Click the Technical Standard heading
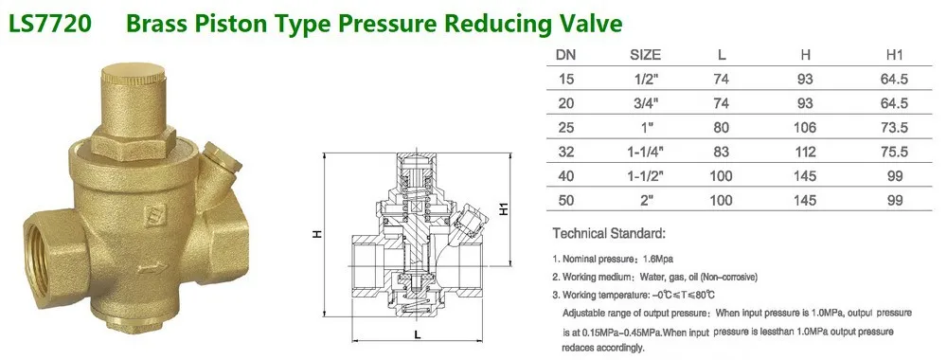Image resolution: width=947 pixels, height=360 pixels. coord(610,232)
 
